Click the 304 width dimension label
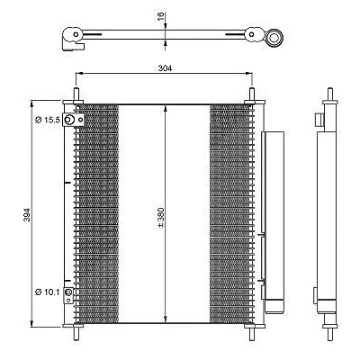(165, 68)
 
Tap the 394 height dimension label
(27, 214)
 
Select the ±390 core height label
(161, 217)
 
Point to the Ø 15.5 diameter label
(48, 121)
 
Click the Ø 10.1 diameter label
(48, 292)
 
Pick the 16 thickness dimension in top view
(160, 15)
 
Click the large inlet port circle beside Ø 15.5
(69, 120)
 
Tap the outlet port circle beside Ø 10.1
(68, 292)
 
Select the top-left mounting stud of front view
(76, 95)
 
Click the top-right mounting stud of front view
(252, 95)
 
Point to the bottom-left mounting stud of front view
(76, 332)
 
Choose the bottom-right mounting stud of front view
(252, 332)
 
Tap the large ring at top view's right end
(274, 38)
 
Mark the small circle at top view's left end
(76, 34)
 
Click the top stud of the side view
(330, 94)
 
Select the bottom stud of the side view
(330, 334)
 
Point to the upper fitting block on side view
(319, 120)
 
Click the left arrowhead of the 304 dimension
(78, 73)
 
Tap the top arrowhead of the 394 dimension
(31, 103)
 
